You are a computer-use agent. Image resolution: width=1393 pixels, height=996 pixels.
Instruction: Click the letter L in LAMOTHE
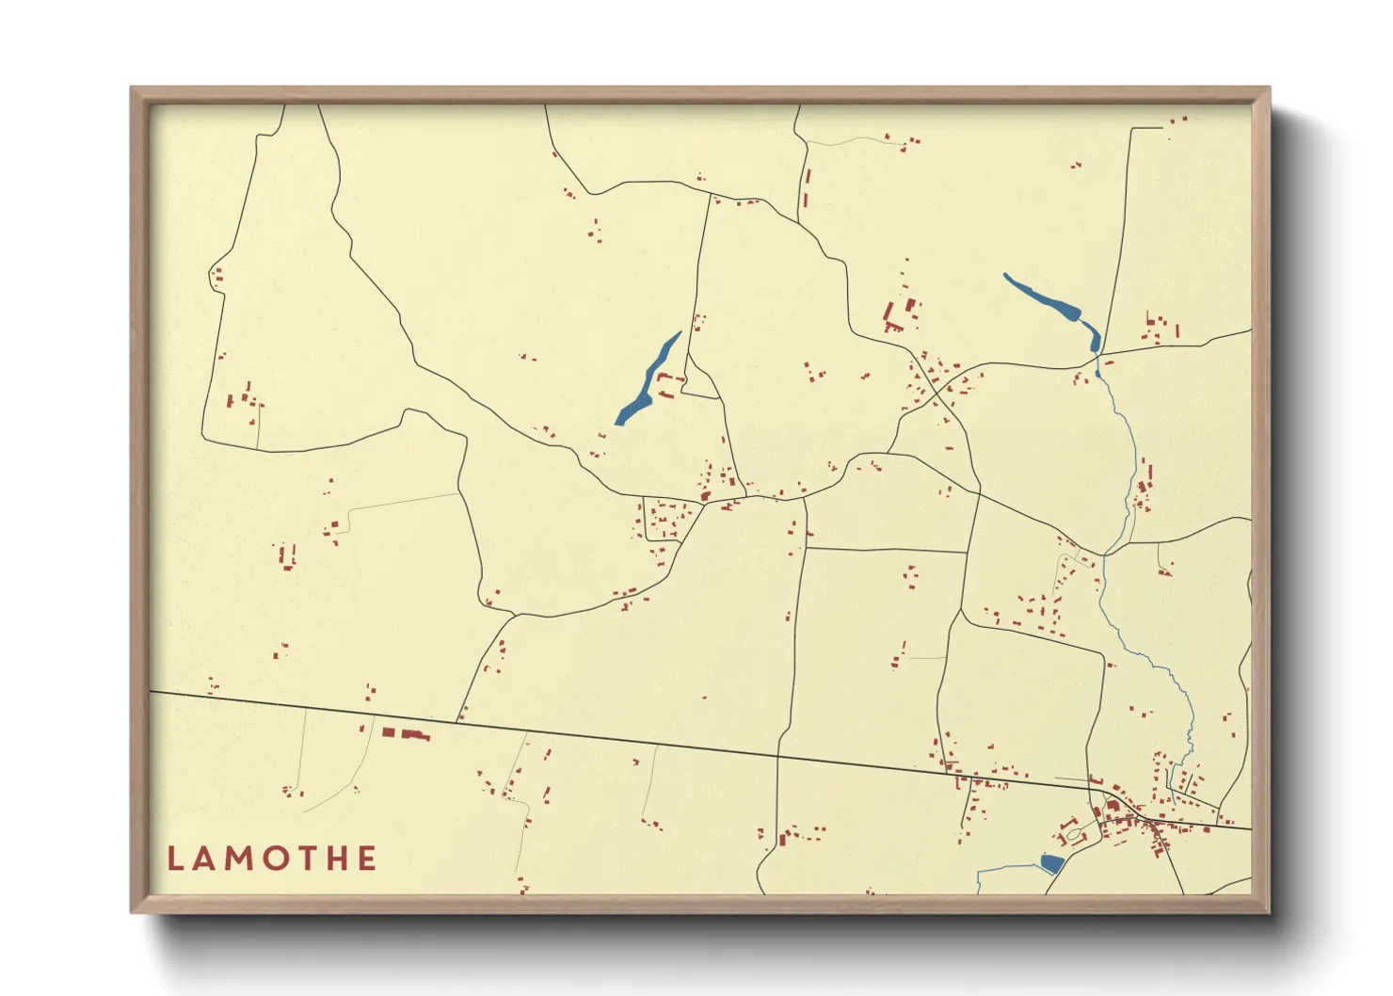click(174, 859)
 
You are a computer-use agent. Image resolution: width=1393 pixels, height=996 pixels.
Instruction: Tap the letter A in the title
click(203, 859)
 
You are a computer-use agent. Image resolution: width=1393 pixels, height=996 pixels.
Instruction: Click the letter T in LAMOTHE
click(307, 859)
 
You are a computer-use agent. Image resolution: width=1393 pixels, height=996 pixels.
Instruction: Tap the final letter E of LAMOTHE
click(368, 859)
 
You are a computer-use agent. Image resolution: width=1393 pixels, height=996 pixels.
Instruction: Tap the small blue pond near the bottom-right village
click(1051, 863)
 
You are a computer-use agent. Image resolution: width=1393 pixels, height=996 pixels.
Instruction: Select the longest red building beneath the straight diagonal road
click(415, 735)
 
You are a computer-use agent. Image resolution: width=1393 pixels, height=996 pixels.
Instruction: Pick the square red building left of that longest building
click(388, 731)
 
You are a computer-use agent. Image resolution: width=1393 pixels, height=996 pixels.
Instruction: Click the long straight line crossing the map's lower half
click(612, 738)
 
